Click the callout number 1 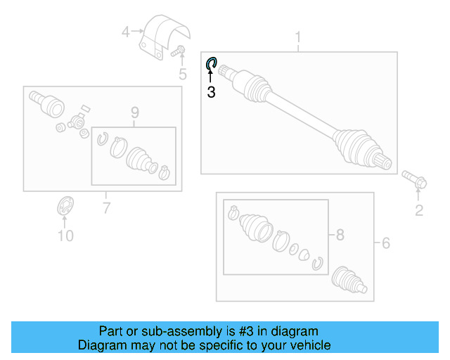(x=298, y=37)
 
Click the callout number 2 (x=419, y=210)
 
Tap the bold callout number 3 (x=211, y=92)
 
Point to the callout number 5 (x=182, y=74)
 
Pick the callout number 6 (x=385, y=243)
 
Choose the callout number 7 (x=106, y=207)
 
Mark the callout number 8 (x=340, y=236)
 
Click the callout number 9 (x=134, y=112)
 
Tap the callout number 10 (x=65, y=236)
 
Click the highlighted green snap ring (x=211, y=65)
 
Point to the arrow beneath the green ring (x=210, y=77)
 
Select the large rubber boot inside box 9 (x=141, y=160)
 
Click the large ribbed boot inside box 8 (x=252, y=227)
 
